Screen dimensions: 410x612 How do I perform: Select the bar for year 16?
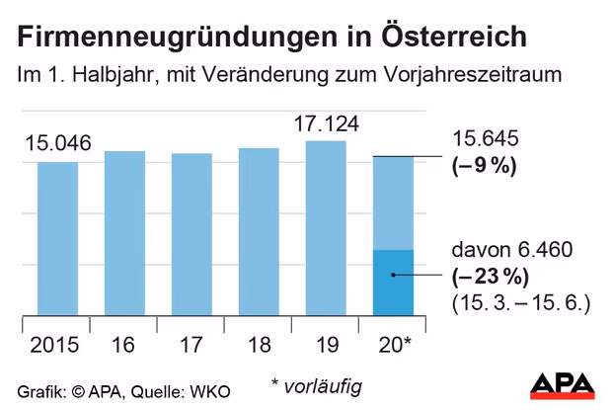click(x=124, y=234)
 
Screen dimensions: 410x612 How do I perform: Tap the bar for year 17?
click(x=191, y=235)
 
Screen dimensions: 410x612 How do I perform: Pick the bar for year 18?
click(x=259, y=232)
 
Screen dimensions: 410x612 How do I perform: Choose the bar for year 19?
click(x=326, y=229)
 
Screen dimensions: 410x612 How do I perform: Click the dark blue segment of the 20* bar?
click(x=393, y=284)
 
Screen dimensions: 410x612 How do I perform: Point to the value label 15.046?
click(x=58, y=144)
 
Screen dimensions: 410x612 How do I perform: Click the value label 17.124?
click(x=326, y=124)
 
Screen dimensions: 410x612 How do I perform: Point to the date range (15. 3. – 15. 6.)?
click(x=519, y=300)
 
